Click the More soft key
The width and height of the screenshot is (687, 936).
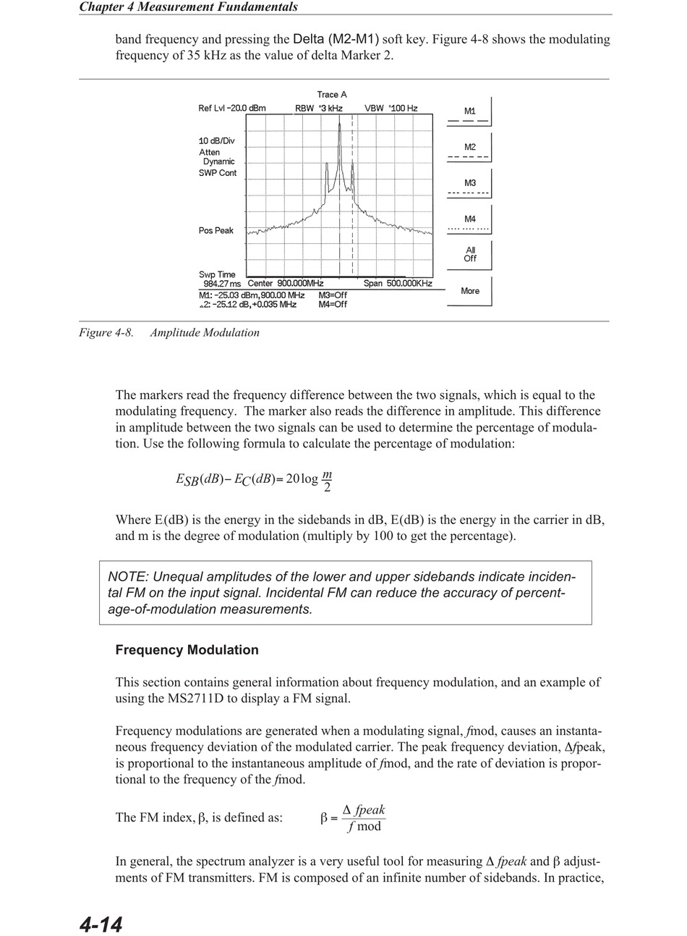pos(469,291)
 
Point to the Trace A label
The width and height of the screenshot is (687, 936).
pos(332,95)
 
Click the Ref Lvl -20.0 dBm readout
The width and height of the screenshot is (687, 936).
pos(232,109)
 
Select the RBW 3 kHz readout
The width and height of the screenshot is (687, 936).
pos(318,109)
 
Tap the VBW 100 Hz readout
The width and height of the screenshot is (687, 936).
pos(391,109)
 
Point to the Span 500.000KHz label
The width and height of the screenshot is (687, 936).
pos(398,284)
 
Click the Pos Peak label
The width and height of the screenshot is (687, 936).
pos(216,231)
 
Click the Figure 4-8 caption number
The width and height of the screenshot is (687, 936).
pos(106,333)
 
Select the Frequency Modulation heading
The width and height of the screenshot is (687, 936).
pos(187,650)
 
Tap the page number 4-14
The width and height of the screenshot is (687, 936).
pos(101,924)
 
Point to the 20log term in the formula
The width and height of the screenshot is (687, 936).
pos(302,478)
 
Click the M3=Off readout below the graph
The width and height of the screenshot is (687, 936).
pos(333,295)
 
